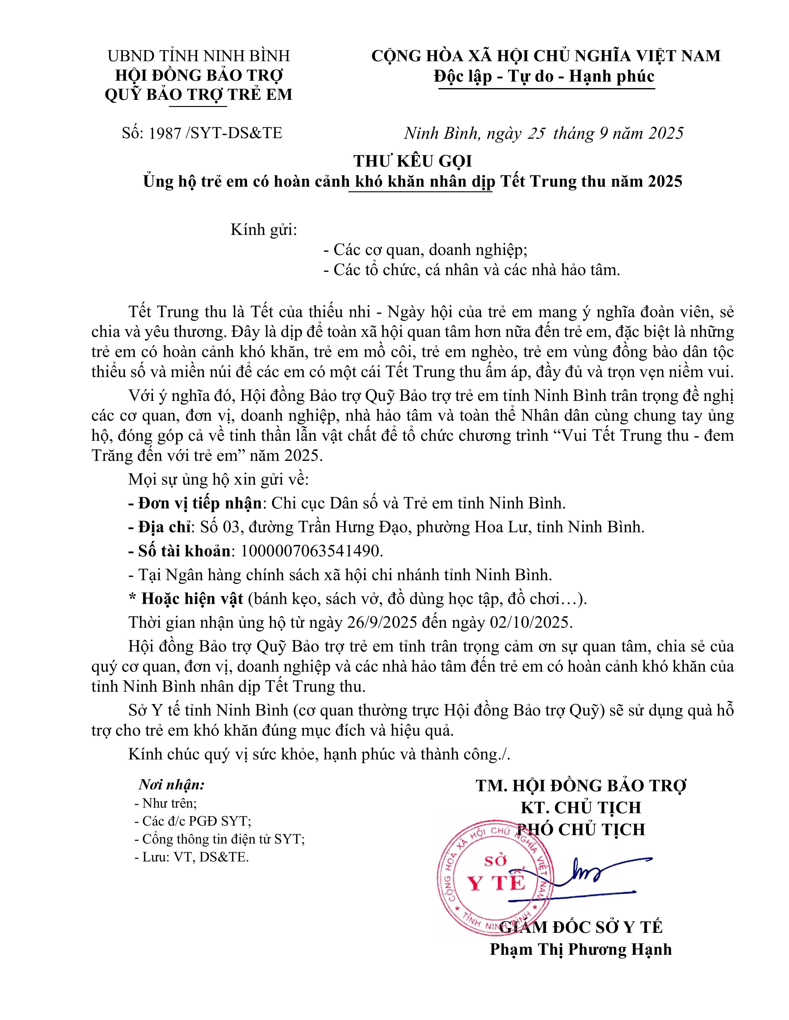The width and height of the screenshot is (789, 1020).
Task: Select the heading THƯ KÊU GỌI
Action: pyautogui.click(x=413, y=161)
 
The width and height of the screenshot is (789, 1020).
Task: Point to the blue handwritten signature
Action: pyautogui.click(x=603, y=873)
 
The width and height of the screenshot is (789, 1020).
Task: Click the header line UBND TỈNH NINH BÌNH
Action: pyautogui.click(x=199, y=56)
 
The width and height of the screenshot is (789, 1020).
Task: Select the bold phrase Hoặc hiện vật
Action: pyautogui.click(x=192, y=599)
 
